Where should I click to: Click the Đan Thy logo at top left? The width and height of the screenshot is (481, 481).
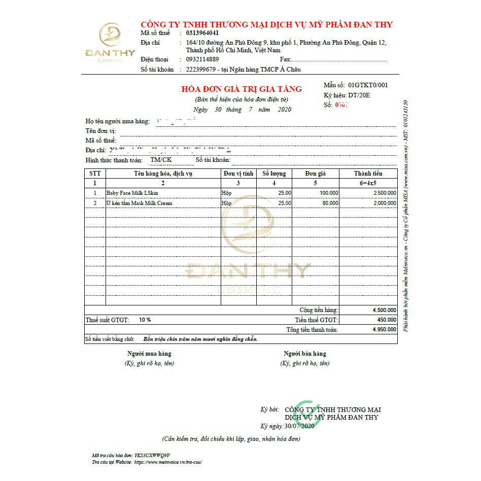click(x=111, y=43)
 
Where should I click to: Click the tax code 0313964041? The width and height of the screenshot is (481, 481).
click(x=203, y=33)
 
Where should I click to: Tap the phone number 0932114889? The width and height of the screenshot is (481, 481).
click(x=203, y=59)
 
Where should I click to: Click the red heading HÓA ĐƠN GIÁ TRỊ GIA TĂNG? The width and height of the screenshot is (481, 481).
click(x=242, y=89)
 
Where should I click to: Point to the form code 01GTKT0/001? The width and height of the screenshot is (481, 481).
click(x=368, y=85)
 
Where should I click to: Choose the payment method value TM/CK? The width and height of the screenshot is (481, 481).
click(x=161, y=160)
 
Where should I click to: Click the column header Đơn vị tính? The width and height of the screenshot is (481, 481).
click(x=238, y=174)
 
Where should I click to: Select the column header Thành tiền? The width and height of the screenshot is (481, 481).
click(x=368, y=174)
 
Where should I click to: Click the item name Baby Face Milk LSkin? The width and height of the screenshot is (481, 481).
click(x=132, y=193)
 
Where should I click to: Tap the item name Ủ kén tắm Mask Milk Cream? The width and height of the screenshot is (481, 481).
click(x=140, y=203)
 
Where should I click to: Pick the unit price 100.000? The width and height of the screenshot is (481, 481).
click(x=329, y=193)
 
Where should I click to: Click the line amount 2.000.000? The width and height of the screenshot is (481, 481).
click(x=384, y=203)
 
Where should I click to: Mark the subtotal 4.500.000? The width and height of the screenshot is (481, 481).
click(x=384, y=310)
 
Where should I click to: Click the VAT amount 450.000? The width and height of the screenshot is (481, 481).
click(x=387, y=320)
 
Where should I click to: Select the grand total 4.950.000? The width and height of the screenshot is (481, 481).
click(x=384, y=330)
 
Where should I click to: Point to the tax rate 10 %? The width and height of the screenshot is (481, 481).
click(x=145, y=320)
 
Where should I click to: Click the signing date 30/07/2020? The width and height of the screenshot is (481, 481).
click(x=299, y=426)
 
